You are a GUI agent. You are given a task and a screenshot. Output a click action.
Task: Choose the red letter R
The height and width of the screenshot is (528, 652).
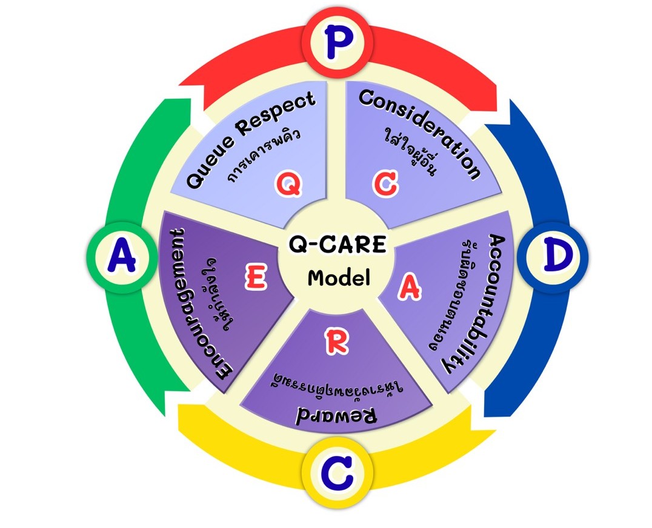click(336, 343)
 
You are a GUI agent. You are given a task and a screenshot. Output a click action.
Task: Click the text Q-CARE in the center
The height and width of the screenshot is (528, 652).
click(337, 246)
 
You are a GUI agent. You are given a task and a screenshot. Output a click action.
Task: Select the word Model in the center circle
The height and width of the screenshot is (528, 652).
click(338, 278)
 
